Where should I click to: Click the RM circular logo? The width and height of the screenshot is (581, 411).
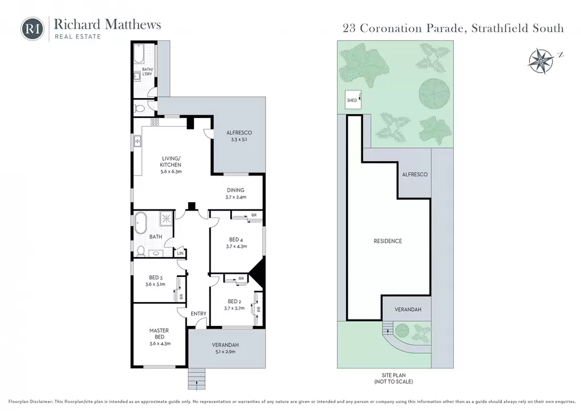pyautogui.click(x=32, y=28)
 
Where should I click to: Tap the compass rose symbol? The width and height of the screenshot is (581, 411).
pyautogui.click(x=541, y=61)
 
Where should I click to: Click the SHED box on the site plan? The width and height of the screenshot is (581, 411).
pyautogui.click(x=353, y=100)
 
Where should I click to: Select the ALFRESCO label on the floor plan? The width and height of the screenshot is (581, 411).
pyautogui.click(x=239, y=133)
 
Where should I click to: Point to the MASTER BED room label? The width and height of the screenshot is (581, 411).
pyautogui.click(x=159, y=334)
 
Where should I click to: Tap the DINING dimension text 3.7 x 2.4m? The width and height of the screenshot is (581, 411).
pyautogui.click(x=235, y=197)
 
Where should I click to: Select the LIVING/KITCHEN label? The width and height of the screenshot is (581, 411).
pyautogui.click(x=171, y=162)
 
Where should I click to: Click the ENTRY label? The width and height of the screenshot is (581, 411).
pyautogui.click(x=199, y=313)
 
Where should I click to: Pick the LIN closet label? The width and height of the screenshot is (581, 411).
pyautogui.click(x=180, y=254)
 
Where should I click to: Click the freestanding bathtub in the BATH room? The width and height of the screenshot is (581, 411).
pyautogui.click(x=141, y=223)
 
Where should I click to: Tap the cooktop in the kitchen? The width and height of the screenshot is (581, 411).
pyautogui.click(x=154, y=122)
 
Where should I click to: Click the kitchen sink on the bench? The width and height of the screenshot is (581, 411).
pyautogui.click(x=137, y=141)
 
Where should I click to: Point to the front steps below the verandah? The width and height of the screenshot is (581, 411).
pyautogui.click(x=196, y=379)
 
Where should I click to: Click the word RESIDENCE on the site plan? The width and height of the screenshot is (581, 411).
pyautogui.click(x=388, y=241)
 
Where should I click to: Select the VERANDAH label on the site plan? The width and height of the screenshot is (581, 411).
pyautogui.click(x=407, y=309)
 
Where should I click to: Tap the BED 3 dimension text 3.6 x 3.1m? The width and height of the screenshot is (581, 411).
pyautogui.click(x=155, y=284)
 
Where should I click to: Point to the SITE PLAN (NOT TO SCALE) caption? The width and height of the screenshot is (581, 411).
pyautogui.click(x=394, y=379)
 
